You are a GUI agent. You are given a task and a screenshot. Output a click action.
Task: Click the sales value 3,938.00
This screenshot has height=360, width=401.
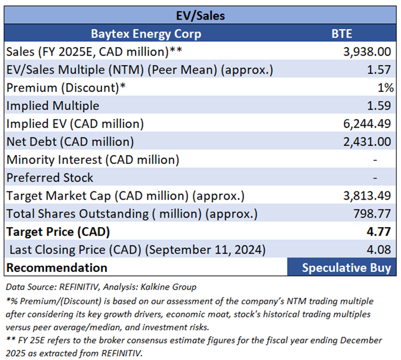369,52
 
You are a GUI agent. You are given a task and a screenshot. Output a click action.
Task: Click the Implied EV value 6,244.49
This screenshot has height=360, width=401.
369,123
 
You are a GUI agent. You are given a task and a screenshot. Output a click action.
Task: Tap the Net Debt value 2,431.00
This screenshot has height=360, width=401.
369,141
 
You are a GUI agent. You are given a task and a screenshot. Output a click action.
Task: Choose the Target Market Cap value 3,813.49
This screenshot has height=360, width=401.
369,195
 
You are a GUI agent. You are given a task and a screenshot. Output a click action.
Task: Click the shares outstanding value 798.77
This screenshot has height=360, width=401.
375,213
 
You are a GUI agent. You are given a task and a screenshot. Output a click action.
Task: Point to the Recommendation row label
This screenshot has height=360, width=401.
57,267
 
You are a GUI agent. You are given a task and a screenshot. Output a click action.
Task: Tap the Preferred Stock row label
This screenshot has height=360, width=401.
50,177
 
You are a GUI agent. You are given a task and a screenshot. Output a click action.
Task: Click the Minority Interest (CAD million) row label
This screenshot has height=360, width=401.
92,159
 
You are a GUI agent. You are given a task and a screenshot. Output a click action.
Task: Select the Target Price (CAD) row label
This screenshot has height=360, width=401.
57,231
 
